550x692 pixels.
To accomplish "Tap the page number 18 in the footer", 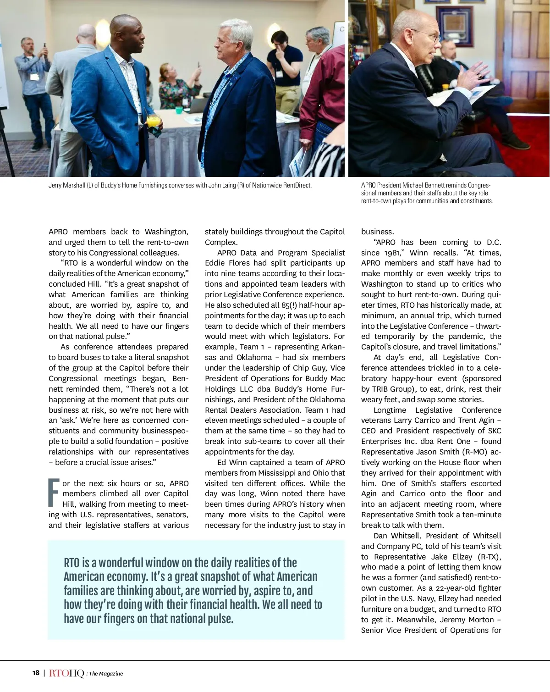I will pyautogui.click(x=36, y=673).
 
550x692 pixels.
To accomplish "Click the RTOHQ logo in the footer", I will pyautogui.click(x=66, y=673).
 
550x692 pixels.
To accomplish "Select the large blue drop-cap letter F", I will pyautogui.click(x=54, y=493).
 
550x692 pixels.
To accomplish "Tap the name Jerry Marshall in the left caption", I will pyautogui.click(x=66, y=185).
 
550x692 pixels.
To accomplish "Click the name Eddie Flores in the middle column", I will pyautogui.click(x=224, y=263).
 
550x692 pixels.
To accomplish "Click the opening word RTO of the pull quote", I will pyautogui.click(x=71, y=563).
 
